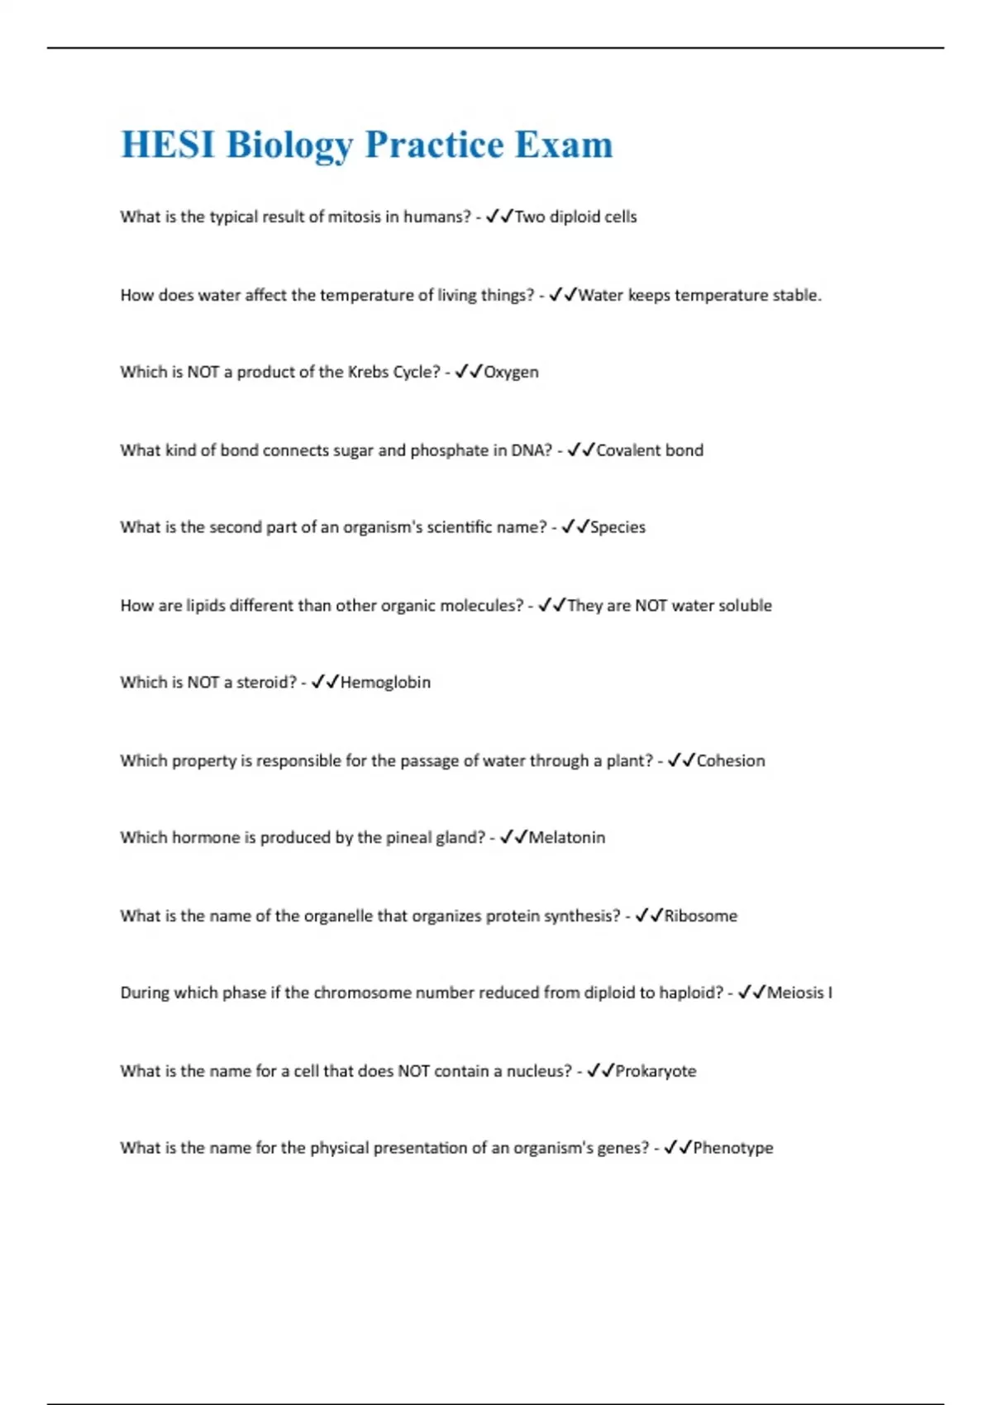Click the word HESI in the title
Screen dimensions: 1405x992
point(168,145)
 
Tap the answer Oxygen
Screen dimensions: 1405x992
point(511,372)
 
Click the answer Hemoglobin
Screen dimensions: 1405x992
point(385,682)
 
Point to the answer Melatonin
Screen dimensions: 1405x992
point(566,837)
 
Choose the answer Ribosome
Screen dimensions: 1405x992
point(700,916)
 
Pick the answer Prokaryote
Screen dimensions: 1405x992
point(656,1071)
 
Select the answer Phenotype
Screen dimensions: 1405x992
point(732,1148)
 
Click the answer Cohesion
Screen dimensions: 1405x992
point(731,760)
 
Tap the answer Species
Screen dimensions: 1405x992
point(618,527)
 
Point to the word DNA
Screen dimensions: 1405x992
point(531,450)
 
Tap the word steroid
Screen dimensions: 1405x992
point(266,682)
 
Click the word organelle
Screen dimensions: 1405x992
point(338,916)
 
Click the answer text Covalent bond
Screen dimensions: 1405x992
point(650,450)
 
